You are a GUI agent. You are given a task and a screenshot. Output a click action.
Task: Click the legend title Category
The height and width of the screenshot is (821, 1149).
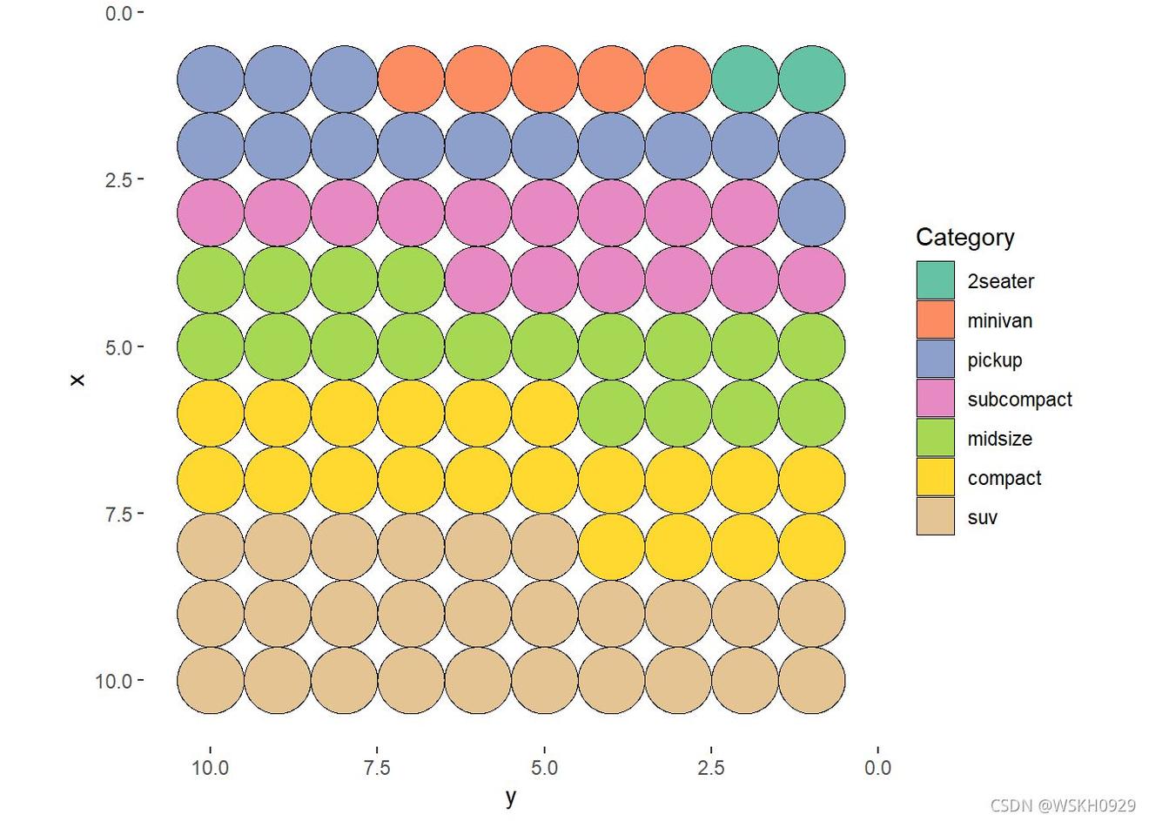(964, 238)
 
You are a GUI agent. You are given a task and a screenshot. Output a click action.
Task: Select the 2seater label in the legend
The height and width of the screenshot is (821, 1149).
(1000, 281)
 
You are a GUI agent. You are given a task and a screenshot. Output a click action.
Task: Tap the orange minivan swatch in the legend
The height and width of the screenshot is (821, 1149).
(935, 320)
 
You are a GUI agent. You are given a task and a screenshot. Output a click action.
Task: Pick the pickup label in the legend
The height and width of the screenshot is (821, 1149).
(994, 360)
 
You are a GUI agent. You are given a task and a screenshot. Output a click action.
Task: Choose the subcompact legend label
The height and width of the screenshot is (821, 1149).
(1019, 400)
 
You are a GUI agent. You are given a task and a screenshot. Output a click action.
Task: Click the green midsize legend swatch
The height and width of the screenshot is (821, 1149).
(935, 438)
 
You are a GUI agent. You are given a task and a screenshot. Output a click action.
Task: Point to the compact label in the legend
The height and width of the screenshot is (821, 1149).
(1004, 478)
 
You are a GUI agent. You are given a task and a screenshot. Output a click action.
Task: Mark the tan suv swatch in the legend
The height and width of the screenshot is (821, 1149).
(935, 517)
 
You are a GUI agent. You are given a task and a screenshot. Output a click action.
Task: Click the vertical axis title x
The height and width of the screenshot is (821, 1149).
(77, 380)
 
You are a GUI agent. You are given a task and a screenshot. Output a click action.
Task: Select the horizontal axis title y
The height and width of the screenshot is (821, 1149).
(511, 796)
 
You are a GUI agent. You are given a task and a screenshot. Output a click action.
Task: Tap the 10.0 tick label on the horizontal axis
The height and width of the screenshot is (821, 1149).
(210, 768)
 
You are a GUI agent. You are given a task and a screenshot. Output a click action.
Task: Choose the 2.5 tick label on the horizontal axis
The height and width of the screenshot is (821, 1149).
(711, 768)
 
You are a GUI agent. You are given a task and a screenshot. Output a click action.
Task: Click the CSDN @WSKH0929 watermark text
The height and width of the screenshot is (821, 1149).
(1063, 806)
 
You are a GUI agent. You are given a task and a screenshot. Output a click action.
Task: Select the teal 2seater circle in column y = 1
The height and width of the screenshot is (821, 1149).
(811, 79)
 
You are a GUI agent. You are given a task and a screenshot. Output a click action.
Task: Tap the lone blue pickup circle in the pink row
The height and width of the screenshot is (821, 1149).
(811, 212)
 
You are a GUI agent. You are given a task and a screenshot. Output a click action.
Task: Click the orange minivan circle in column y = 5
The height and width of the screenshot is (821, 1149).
(544, 79)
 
